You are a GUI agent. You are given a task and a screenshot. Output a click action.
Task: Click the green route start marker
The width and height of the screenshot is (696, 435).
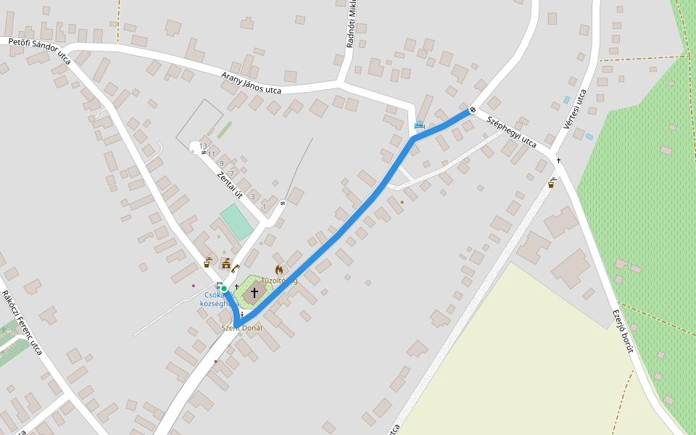tap(224, 289)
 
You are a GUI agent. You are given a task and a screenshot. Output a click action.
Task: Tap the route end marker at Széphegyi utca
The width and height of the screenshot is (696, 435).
tap(472, 109)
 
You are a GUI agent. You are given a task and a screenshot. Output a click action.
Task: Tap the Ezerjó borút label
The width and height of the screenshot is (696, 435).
tap(623, 329)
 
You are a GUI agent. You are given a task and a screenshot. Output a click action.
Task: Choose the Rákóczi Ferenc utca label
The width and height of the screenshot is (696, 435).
tap(22, 323)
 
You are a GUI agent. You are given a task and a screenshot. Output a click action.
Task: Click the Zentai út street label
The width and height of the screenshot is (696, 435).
tap(229, 185)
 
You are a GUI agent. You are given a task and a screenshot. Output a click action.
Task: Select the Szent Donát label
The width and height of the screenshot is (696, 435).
tap(242, 328)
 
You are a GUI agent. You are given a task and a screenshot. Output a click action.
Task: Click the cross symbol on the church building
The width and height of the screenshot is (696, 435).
tap(254, 292)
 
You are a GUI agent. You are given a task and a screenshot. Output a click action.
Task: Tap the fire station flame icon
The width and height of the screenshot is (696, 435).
tap(279, 270)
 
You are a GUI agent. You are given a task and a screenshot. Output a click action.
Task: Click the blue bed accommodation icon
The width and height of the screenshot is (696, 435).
tap(419, 125)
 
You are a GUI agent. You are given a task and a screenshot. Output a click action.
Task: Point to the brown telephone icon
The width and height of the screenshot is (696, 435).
tap(235, 268)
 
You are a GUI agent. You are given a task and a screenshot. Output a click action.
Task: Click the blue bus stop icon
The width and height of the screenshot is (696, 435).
tap(219, 286)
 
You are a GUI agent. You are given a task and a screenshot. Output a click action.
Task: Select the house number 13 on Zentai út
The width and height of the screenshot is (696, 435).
tap(203, 146)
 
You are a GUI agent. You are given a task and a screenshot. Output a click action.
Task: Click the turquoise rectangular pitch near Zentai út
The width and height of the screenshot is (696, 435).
tap(236, 221)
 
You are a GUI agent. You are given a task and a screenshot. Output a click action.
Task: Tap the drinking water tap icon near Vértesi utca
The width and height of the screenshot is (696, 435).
tap(551, 183)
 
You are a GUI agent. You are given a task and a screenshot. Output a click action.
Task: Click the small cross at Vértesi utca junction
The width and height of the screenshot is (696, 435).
tap(558, 160)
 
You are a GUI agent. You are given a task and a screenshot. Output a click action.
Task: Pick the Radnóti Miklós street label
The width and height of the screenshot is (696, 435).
tap(352, 25)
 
